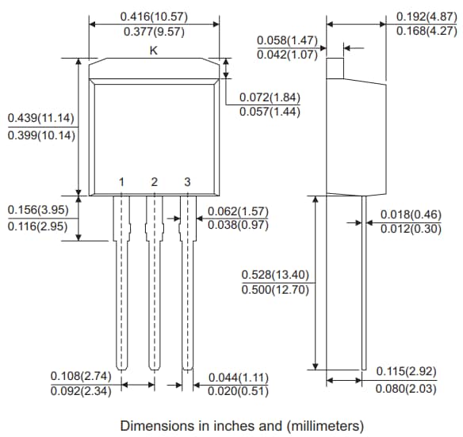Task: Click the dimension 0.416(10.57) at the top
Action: (154, 16)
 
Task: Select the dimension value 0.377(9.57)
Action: (154, 32)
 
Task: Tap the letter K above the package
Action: (154, 50)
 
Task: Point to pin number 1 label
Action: (121, 182)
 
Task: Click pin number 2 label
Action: (155, 182)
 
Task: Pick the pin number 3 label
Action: (187, 182)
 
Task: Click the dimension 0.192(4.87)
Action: (427, 16)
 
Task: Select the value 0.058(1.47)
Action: (287, 40)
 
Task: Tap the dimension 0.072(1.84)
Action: (270, 97)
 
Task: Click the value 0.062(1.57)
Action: (238, 211)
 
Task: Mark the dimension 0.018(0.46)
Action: (411, 215)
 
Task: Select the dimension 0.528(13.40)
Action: (275, 275)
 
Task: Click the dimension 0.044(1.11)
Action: (238, 377)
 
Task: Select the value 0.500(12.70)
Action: (275, 290)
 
